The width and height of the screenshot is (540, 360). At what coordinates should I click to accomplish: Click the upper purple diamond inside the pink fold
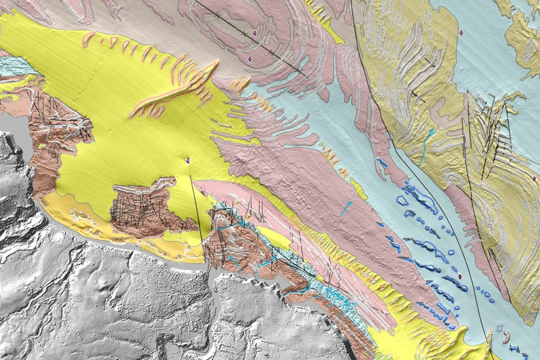pyautogui.click(x=255, y=33)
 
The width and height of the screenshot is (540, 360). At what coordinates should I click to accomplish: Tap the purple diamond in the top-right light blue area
pyautogui.click(x=461, y=33)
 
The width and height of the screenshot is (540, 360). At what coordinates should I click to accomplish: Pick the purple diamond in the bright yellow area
pyautogui.click(x=188, y=161)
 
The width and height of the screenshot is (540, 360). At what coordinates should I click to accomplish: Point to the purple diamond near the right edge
pyautogui.click(x=533, y=178)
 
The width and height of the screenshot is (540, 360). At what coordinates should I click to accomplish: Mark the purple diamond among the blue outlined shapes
pyautogui.click(x=461, y=276)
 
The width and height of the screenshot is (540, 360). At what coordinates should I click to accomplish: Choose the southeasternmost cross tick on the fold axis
pyautogui.click(x=272, y=53)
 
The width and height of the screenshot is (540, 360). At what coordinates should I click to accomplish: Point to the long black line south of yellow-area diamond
pyautogui.click(x=196, y=208)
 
